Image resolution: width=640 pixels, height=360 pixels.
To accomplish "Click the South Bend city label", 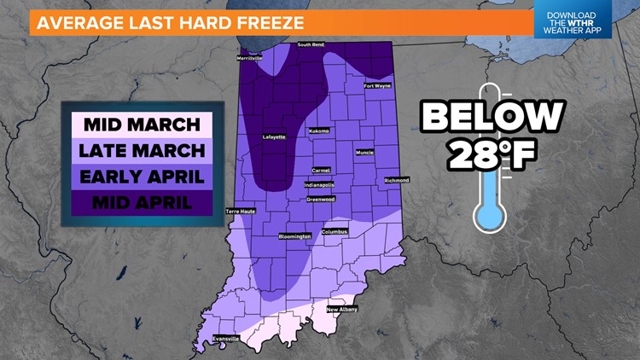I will pos(313,44).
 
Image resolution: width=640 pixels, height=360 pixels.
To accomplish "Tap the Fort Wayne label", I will pos(379,85).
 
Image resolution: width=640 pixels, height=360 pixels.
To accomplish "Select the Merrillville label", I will pos(250,58).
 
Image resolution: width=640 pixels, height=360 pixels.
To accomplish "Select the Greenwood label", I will pos(321,200).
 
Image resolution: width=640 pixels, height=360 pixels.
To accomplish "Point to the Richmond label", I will pos(397,180).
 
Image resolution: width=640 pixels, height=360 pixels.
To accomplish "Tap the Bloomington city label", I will pos(295,236).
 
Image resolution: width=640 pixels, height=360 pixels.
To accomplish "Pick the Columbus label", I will pos(335,232).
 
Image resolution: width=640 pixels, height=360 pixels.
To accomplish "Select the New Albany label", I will pos(342,309).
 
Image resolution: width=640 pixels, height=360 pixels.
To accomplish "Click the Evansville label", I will pos(225,339).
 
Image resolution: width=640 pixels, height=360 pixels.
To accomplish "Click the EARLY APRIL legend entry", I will pos(141,177).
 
